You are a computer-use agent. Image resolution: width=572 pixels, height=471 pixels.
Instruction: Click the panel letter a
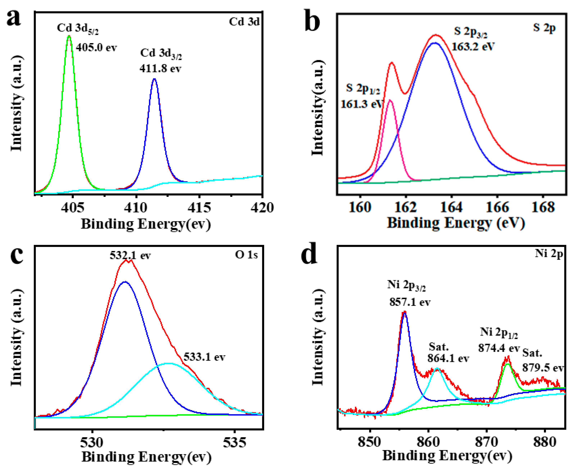tap(14, 19)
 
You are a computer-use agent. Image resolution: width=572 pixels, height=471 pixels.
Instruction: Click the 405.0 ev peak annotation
tap(96, 48)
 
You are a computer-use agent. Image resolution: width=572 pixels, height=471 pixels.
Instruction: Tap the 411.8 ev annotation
tap(160, 69)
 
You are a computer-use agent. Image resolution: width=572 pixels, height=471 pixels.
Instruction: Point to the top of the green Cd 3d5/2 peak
tap(69, 36)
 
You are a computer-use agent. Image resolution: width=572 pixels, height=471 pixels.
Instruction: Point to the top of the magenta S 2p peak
tap(390, 100)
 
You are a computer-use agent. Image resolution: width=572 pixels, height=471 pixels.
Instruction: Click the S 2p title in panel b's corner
tap(544, 28)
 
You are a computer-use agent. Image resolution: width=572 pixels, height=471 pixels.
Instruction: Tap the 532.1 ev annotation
tap(130, 255)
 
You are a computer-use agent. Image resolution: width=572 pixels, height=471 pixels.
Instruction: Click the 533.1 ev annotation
tap(204, 357)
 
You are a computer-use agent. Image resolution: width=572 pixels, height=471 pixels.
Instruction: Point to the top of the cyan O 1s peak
tap(168, 363)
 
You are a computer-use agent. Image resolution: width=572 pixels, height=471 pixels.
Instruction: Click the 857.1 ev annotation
tap(410, 302)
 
